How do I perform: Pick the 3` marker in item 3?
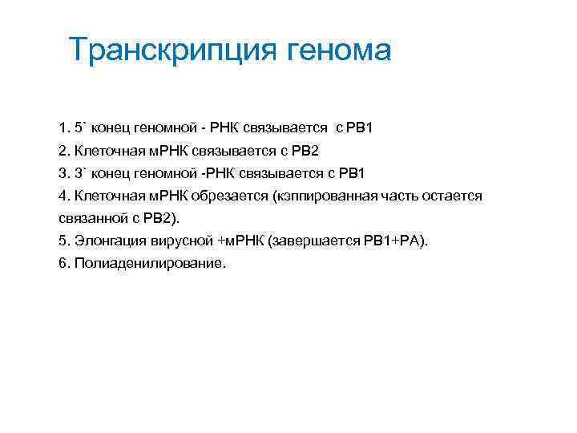click(x=81, y=172)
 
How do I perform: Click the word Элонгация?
click(x=107, y=241)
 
